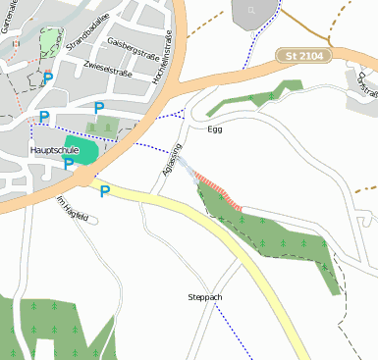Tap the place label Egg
216,129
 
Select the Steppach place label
205,296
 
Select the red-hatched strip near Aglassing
218,190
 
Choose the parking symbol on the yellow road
105,191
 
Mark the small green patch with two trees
101,126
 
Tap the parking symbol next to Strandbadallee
48,77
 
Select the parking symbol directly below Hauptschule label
69,164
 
